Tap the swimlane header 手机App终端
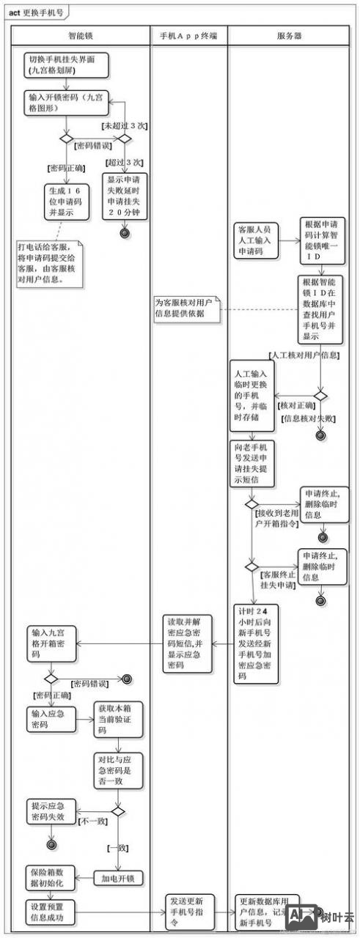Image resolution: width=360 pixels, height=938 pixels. pos(188,35)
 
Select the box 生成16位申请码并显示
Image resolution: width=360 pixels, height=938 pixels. pos(67,201)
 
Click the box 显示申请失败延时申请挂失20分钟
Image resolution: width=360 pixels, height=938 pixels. pos(124,196)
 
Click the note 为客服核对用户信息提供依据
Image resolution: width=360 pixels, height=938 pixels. pos(184,308)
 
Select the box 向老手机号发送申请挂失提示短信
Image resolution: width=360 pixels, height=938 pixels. pos(254,465)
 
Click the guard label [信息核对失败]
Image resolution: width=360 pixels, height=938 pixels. pos(309,418)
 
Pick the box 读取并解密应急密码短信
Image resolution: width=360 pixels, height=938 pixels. pos(187,644)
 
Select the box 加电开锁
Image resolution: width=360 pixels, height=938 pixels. pos(118,877)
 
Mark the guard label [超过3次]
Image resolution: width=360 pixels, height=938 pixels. pos(123,162)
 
